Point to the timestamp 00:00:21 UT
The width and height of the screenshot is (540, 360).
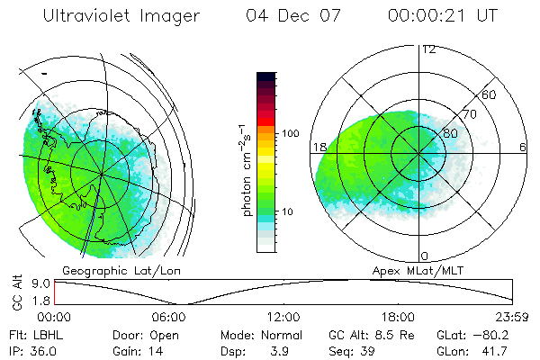(442, 16)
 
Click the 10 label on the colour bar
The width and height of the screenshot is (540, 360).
(290, 212)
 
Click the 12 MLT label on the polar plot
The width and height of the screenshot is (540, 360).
(428, 49)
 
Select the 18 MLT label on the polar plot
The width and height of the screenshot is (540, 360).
(318, 148)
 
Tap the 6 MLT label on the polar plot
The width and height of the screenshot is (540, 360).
(522, 148)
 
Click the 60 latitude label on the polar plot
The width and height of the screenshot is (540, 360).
(490, 94)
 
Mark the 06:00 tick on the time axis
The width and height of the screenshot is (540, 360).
(169, 316)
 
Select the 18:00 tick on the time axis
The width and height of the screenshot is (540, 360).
(399, 316)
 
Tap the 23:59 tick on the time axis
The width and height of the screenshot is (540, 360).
(512, 316)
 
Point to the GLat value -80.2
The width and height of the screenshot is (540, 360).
(491, 335)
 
